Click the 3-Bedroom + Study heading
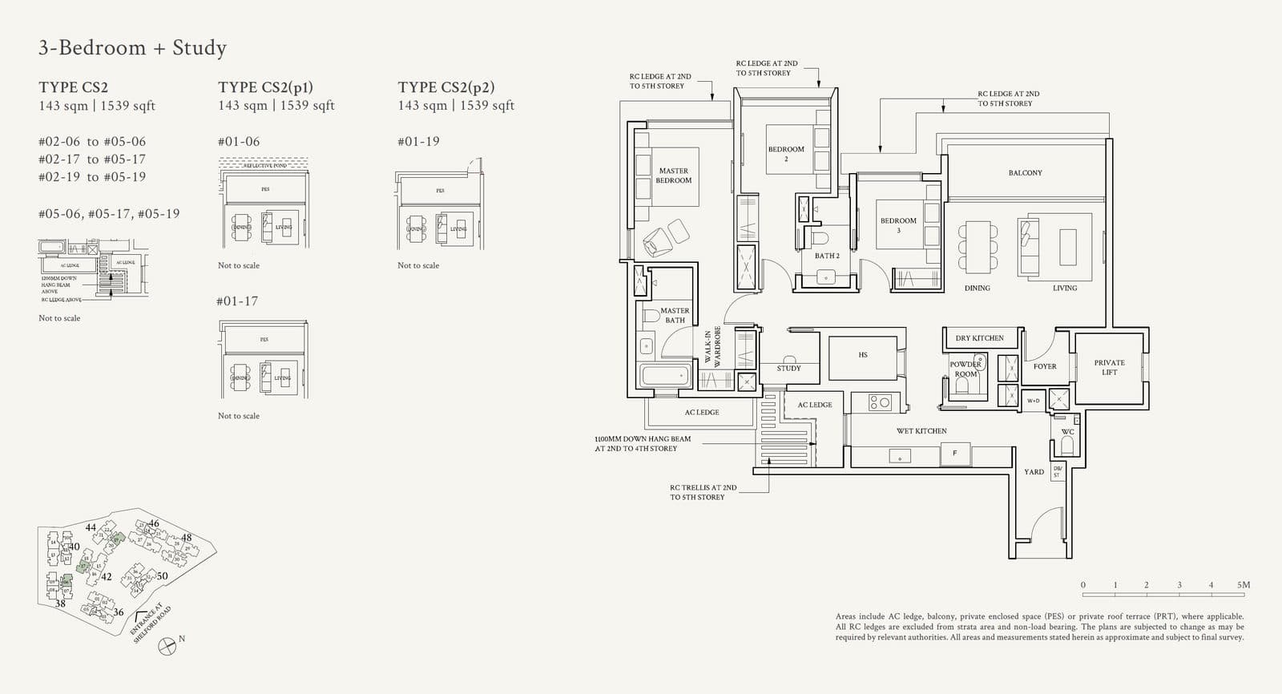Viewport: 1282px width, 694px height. tap(132, 48)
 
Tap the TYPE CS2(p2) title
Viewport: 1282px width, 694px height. tap(445, 87)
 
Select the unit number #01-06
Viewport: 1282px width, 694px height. tap(239, 142)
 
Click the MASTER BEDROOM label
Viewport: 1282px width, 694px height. tap(673, 176)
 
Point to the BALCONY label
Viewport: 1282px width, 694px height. tap(1025, 173)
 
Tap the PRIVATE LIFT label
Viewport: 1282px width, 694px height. tap(1109, 367)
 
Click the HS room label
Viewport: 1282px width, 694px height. tap(862, 355)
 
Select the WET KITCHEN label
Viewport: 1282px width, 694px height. tap(921, 431)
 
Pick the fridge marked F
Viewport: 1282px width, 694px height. tap(954, 454)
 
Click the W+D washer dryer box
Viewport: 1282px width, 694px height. tap(1033, 400)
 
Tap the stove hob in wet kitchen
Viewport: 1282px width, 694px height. tap(879, 402)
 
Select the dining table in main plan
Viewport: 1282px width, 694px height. tap(978, 245)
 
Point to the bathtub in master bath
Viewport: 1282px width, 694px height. tap(664, 375)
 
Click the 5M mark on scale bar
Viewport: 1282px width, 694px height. tap(1243, 585)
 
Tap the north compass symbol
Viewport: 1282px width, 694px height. tap(167, 645)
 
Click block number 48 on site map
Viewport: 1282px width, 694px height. tap(186, 538)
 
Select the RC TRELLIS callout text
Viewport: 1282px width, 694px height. tap(703, 492)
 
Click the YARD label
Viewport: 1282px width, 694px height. tap(1034, 472)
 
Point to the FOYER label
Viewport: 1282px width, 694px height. tap(1044, 366)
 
